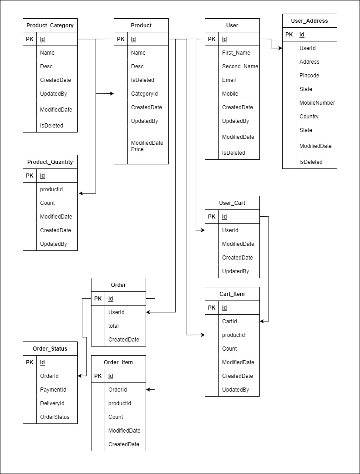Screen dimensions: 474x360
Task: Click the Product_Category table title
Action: [50, 25]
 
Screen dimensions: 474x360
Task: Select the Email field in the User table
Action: [229, 80]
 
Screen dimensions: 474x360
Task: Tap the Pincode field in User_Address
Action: [309, 76]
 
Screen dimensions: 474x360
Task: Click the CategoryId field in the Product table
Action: [145, 94]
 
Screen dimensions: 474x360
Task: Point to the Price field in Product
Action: [137, 149]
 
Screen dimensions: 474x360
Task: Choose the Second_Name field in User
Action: [240, 66]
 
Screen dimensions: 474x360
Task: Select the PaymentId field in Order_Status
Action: [53, 390]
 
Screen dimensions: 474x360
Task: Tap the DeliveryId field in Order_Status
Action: [53, 403]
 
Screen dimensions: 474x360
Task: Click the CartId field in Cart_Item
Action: [229, 321]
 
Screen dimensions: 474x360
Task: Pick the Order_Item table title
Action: [118, 362]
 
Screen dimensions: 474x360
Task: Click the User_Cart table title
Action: [232, 203]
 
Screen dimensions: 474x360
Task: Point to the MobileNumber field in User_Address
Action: [317, 103]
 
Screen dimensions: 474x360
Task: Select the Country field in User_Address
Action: [309, 117]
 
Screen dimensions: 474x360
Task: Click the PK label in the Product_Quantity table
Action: [30, 176]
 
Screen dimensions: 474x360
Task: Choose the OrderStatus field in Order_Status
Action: [55, 417]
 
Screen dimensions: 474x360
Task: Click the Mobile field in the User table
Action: [230, 94]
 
